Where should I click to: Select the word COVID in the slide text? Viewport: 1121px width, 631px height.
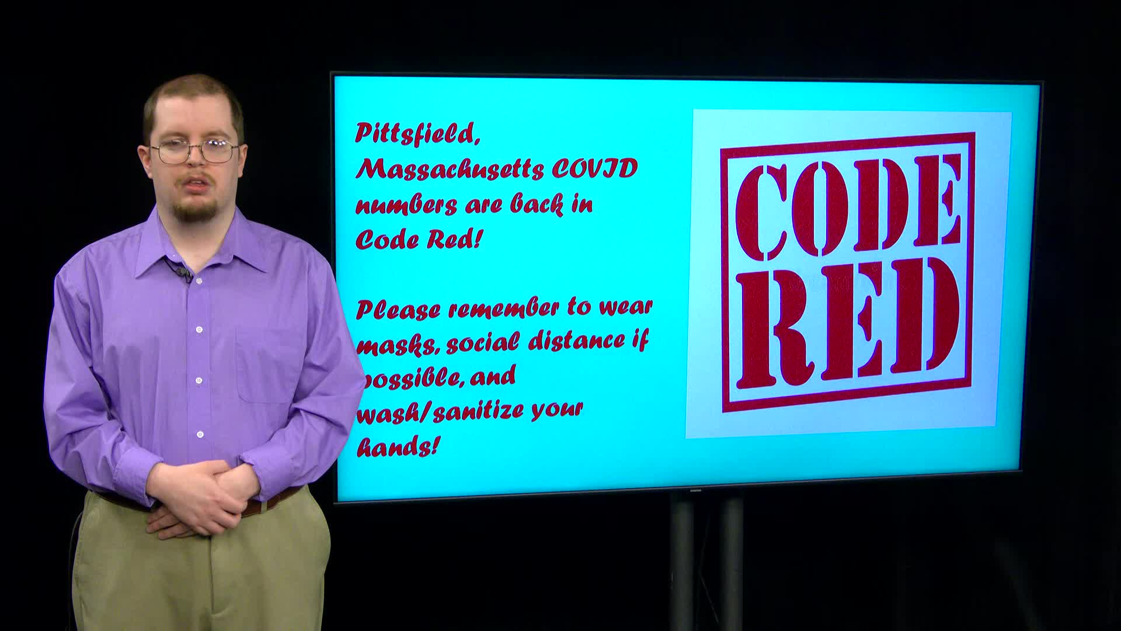(594, 169)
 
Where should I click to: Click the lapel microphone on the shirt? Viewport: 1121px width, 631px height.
(183, 273)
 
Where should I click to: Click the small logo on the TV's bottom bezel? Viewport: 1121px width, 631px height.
(695, 491)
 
